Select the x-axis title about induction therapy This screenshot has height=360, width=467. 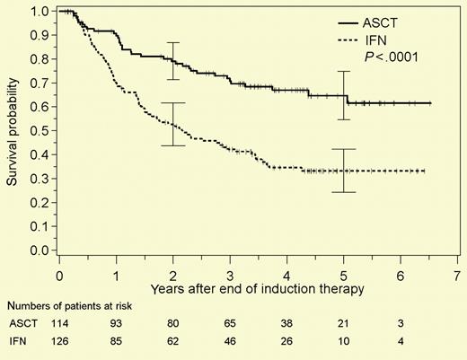coord(232,288)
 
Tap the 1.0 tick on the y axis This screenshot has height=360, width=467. coord(40,13)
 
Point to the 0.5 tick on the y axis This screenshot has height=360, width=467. coord(40,131)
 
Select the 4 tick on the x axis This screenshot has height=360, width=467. coord(286,272)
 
